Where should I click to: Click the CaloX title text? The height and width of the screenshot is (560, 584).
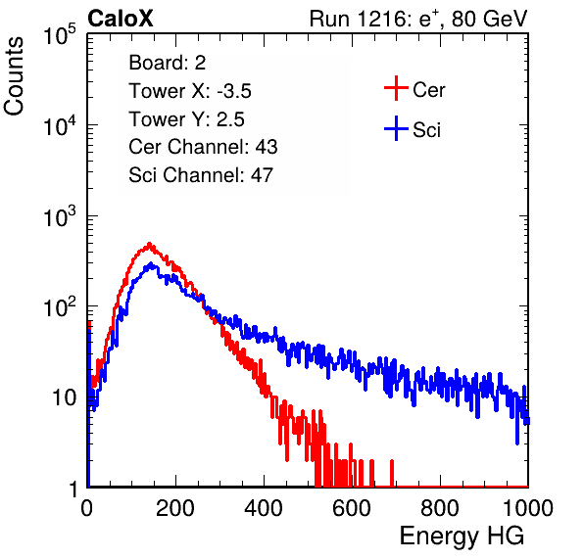tap(120, 19)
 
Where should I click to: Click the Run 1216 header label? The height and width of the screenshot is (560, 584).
tap(418, 19)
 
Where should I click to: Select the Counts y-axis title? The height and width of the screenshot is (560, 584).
tap(14, 76)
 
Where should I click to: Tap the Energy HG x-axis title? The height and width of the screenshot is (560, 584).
tap(462, 537)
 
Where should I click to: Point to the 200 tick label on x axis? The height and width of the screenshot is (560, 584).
tap(175, 508)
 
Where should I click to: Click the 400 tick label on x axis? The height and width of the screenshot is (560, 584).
tap(264, 508)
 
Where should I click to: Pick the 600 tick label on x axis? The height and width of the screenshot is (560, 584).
tap(352, 508)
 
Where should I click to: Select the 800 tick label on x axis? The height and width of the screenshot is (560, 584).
tap(440, 508)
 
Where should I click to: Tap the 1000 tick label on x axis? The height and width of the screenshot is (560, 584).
tap(528, 508)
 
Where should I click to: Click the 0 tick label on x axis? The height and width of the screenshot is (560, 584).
tap(87, 508)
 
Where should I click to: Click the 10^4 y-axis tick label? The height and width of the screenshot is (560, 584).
tap(60, 125)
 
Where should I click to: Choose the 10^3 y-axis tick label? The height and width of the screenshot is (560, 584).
tap(60, 216)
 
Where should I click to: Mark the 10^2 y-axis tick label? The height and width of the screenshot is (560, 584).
tap(60, 306)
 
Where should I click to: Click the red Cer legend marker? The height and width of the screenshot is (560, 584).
tap(396, 88)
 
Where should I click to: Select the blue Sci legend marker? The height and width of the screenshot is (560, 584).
tap(396, 128)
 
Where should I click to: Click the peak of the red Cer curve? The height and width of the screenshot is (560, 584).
tap(149, 244)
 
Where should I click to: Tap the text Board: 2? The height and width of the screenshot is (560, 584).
tap(168, 63)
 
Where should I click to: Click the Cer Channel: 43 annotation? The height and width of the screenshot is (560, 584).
tap(203, 147)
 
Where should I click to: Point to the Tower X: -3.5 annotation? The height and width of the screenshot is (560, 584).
tap(190, 91)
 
